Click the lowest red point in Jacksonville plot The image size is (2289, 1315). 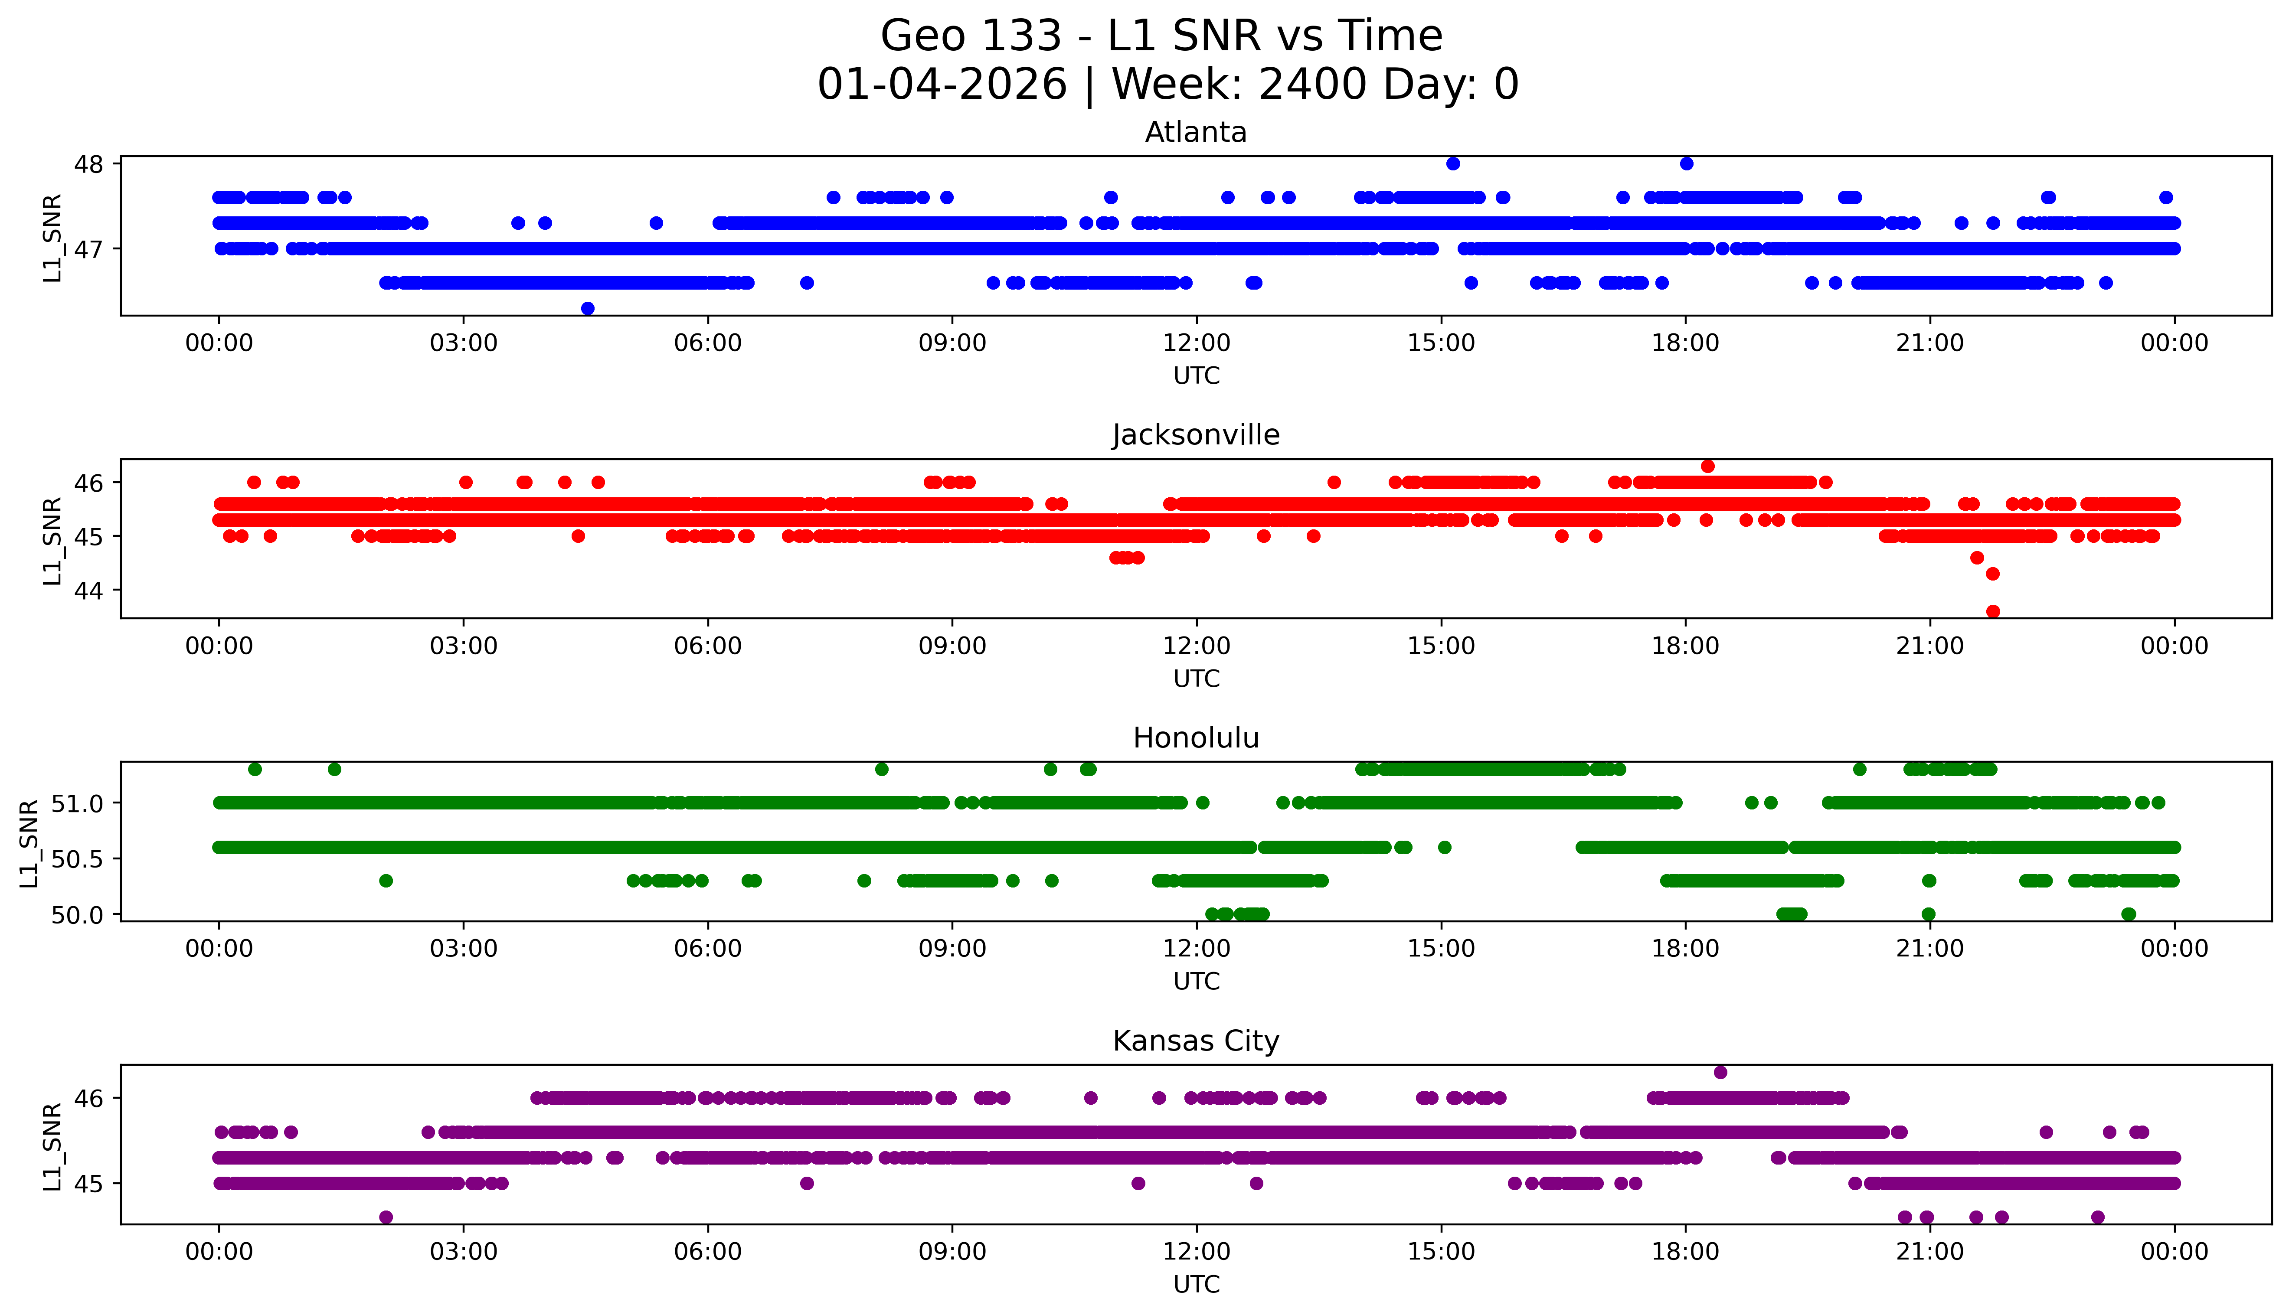pyautogui.click(x=1993, y=611)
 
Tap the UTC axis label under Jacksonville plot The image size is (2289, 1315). pyautogui.click(x=1196, y=678)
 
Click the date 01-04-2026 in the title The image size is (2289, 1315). pyautogui.click(x=942, y=85)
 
